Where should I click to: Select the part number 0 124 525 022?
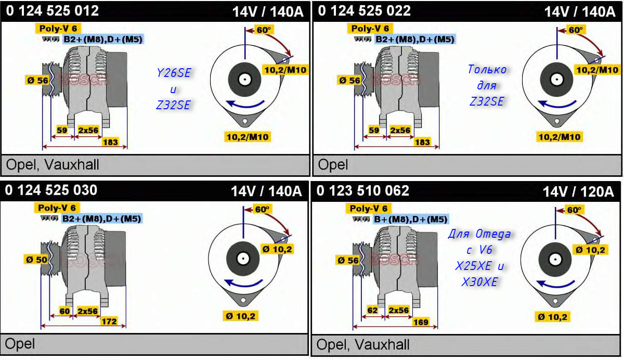(x=364, y=11)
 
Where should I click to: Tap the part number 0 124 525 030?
(x=51, y=190)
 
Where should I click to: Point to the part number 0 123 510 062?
(x=362, y=191)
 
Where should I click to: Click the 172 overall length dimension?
(x=109, y=321)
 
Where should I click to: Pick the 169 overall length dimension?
(x=421, y=322)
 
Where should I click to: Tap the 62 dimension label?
(x=373, y=311)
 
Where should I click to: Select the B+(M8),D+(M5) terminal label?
(x=411, y=220)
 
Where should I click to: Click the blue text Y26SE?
(x=174, y=73)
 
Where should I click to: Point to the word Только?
(x=487, y=70)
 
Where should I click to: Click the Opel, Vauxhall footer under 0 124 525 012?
(x=53, y=165)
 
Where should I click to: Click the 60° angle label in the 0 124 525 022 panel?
(x=576, y=30)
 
